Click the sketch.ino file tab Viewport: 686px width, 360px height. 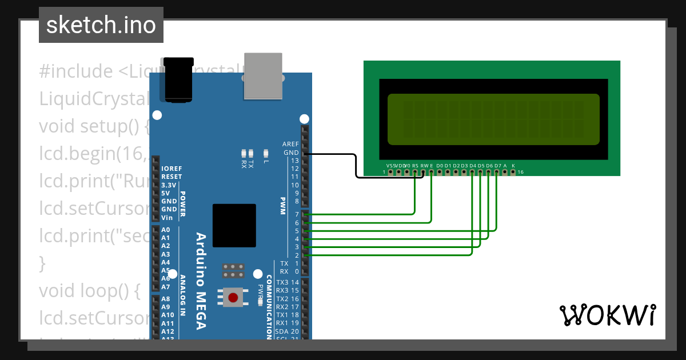101,25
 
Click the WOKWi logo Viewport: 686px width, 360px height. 607,315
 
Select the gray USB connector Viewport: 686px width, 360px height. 263,75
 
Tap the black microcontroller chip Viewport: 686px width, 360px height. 234,225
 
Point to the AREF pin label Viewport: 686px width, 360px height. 290,144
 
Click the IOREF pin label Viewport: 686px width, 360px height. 171,169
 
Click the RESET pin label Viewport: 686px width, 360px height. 171,177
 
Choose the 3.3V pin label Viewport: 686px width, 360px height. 169,185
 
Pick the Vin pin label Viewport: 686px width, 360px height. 167,218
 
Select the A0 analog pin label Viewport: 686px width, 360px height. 166,230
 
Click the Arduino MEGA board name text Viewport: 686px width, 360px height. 201,281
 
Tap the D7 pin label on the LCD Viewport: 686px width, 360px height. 497,166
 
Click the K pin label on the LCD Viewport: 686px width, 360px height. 513,166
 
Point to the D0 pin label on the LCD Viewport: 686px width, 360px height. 439,166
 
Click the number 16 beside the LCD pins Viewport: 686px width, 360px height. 520,172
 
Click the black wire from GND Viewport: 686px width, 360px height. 356,166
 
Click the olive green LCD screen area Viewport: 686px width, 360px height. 493,119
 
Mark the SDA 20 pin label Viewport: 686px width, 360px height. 286,331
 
